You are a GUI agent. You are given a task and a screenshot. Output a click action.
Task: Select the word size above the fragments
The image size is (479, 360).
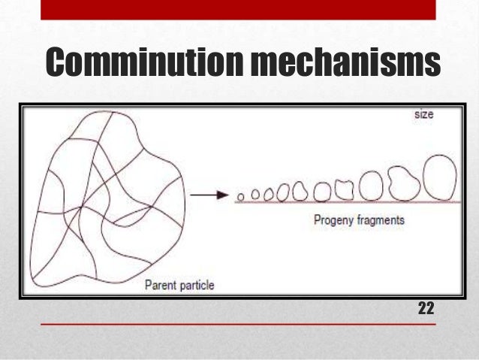[x=423, y=116]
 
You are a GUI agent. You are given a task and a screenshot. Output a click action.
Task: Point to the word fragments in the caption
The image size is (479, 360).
[x=380, y=220]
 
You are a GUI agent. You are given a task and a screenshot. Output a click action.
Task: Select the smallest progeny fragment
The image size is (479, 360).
[x=241, y=197]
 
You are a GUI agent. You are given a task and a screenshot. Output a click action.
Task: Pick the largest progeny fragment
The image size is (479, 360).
[x=439, y=178]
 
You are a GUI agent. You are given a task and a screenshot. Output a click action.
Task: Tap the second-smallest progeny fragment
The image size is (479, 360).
[x=255, y=195]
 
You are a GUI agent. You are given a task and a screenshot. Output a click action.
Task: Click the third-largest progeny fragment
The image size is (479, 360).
[x=372, y=186]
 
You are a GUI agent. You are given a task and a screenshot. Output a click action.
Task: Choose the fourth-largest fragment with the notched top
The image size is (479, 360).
[x=345, y=189]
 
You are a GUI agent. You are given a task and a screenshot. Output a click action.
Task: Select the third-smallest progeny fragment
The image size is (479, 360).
[x=267, y=194]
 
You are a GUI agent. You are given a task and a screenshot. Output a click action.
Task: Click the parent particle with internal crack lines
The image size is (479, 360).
[x=105, y=195]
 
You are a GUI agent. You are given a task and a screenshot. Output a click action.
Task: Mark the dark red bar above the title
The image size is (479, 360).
[x=239, y=9]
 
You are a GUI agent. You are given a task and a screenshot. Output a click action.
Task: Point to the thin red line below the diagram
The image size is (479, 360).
[x=239, y=325]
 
